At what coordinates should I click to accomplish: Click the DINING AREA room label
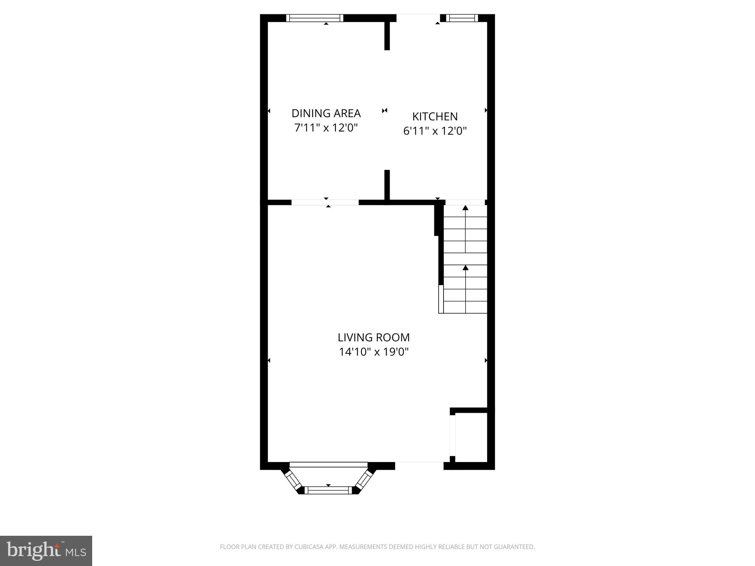coord(326,113)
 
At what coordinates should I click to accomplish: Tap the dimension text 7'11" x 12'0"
coord(326,128)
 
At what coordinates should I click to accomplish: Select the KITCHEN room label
coord(435,116)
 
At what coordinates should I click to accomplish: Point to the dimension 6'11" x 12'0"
coord(435,131)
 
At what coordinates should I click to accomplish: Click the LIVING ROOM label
coord(373,338)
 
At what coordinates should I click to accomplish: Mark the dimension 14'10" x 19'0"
coord(373,352)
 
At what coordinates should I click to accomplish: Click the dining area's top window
coord(314,18)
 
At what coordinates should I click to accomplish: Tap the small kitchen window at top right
coord(462,18)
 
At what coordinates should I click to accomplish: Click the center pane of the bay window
coord(328,490)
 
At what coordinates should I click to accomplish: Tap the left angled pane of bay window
coord(293,480)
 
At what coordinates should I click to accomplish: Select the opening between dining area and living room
coord(325,202)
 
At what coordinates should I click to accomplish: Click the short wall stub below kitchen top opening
coord(387,36)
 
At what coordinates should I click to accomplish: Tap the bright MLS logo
coord(46,551)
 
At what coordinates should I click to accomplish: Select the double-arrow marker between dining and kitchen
coord(385,111)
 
